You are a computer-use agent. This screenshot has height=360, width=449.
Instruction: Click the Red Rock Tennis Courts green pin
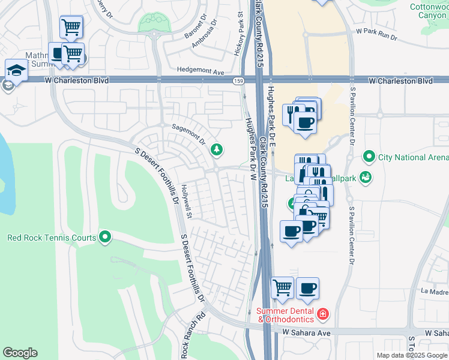pos(106,238)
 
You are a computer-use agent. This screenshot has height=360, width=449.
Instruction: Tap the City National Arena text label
pos(413,157)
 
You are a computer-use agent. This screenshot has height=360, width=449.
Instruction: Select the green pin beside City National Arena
pos(369,157)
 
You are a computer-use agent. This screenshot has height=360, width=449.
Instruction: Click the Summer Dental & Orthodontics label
pos(286,315)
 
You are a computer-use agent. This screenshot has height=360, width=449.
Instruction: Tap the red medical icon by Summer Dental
pos(322,313)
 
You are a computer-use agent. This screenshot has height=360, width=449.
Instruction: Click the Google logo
pos(20,352)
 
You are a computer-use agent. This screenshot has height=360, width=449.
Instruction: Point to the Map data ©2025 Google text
pos(412,355)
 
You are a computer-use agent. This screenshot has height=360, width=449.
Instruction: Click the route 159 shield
pos(239,80)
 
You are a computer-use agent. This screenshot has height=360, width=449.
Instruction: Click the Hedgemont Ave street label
pos(196,72)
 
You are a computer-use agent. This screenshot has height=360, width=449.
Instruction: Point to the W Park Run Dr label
pos(376,33)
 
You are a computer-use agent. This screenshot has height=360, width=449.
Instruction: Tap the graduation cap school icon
pos(17,70)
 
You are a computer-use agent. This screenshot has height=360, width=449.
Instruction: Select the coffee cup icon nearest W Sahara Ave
pos(307,288)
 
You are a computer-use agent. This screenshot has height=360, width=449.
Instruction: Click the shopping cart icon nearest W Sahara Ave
pos(282,288)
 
